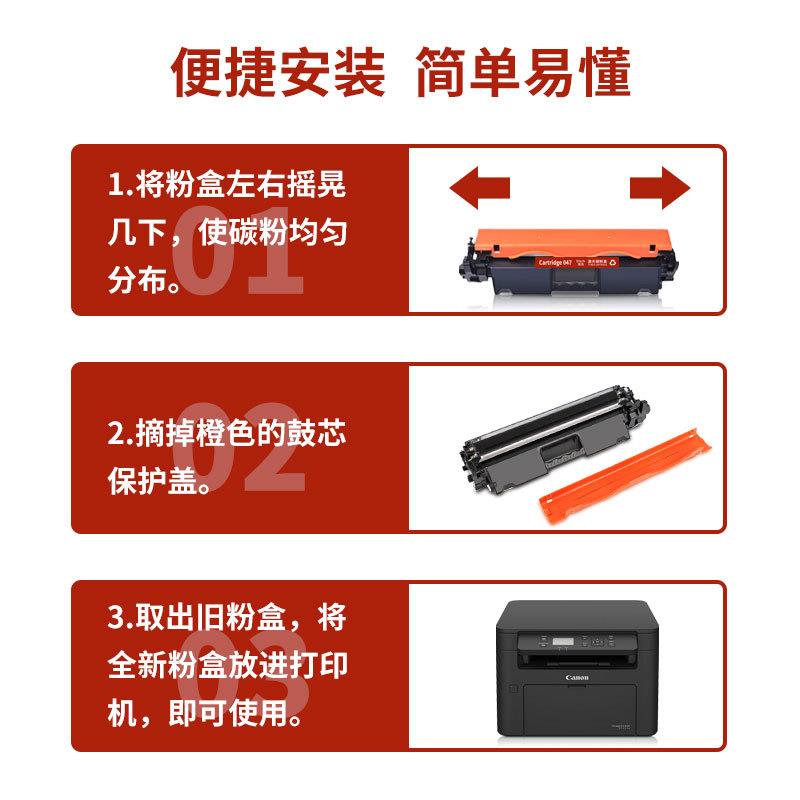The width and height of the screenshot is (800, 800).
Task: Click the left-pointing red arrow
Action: coord(479,187)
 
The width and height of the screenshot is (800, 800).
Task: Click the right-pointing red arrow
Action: coord(661,187)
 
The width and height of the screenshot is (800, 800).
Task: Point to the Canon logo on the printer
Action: coord(578,678)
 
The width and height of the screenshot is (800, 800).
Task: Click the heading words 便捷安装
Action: coord(279,73)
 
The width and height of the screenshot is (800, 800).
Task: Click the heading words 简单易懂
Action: coord(523,73)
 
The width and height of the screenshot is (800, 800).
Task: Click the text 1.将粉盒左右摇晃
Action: coord(227,187)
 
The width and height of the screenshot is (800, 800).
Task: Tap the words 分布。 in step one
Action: coord(146,281)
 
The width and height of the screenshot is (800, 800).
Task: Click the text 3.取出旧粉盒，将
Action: coord(227,618)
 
